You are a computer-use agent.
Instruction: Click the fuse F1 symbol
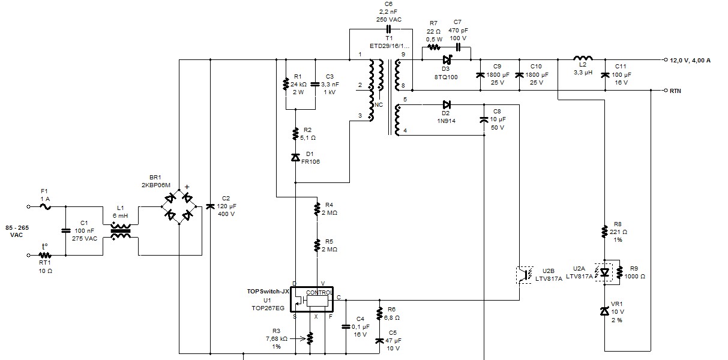(x=46, y=206)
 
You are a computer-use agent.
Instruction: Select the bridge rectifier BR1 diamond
(x=179, y=206)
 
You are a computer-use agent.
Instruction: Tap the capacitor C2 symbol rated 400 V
(x=210, y=206)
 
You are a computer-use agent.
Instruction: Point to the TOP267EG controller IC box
(x=311, y=299)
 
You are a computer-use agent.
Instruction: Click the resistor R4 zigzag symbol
(x=317, y=209)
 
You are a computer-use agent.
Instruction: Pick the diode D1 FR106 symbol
(x=295, y=158)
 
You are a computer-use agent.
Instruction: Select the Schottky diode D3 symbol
(x=447, y=60)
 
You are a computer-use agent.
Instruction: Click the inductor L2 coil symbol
(x=583, y=58)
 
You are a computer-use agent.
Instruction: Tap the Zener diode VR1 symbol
(x=604, y=311)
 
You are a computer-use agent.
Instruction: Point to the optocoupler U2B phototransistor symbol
(x=525, y=275)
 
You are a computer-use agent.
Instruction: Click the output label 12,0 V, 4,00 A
(x=690, y=61)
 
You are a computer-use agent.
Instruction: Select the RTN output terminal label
(x=675, y=91)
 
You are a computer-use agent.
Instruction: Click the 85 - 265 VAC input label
(x=17, y=232)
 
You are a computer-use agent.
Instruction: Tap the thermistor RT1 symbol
(x=45, y=255)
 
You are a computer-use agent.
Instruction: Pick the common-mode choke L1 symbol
(x=121, y=231)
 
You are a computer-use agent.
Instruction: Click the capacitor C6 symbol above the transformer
(x=388, y=29)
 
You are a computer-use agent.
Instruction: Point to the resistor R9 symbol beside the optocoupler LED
(x=619, y=272)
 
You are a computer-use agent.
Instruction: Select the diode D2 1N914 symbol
(x=447, y=104)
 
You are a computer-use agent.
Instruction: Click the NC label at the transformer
(x=379, y=105)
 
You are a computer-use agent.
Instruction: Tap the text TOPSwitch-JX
(x=268, y=292)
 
